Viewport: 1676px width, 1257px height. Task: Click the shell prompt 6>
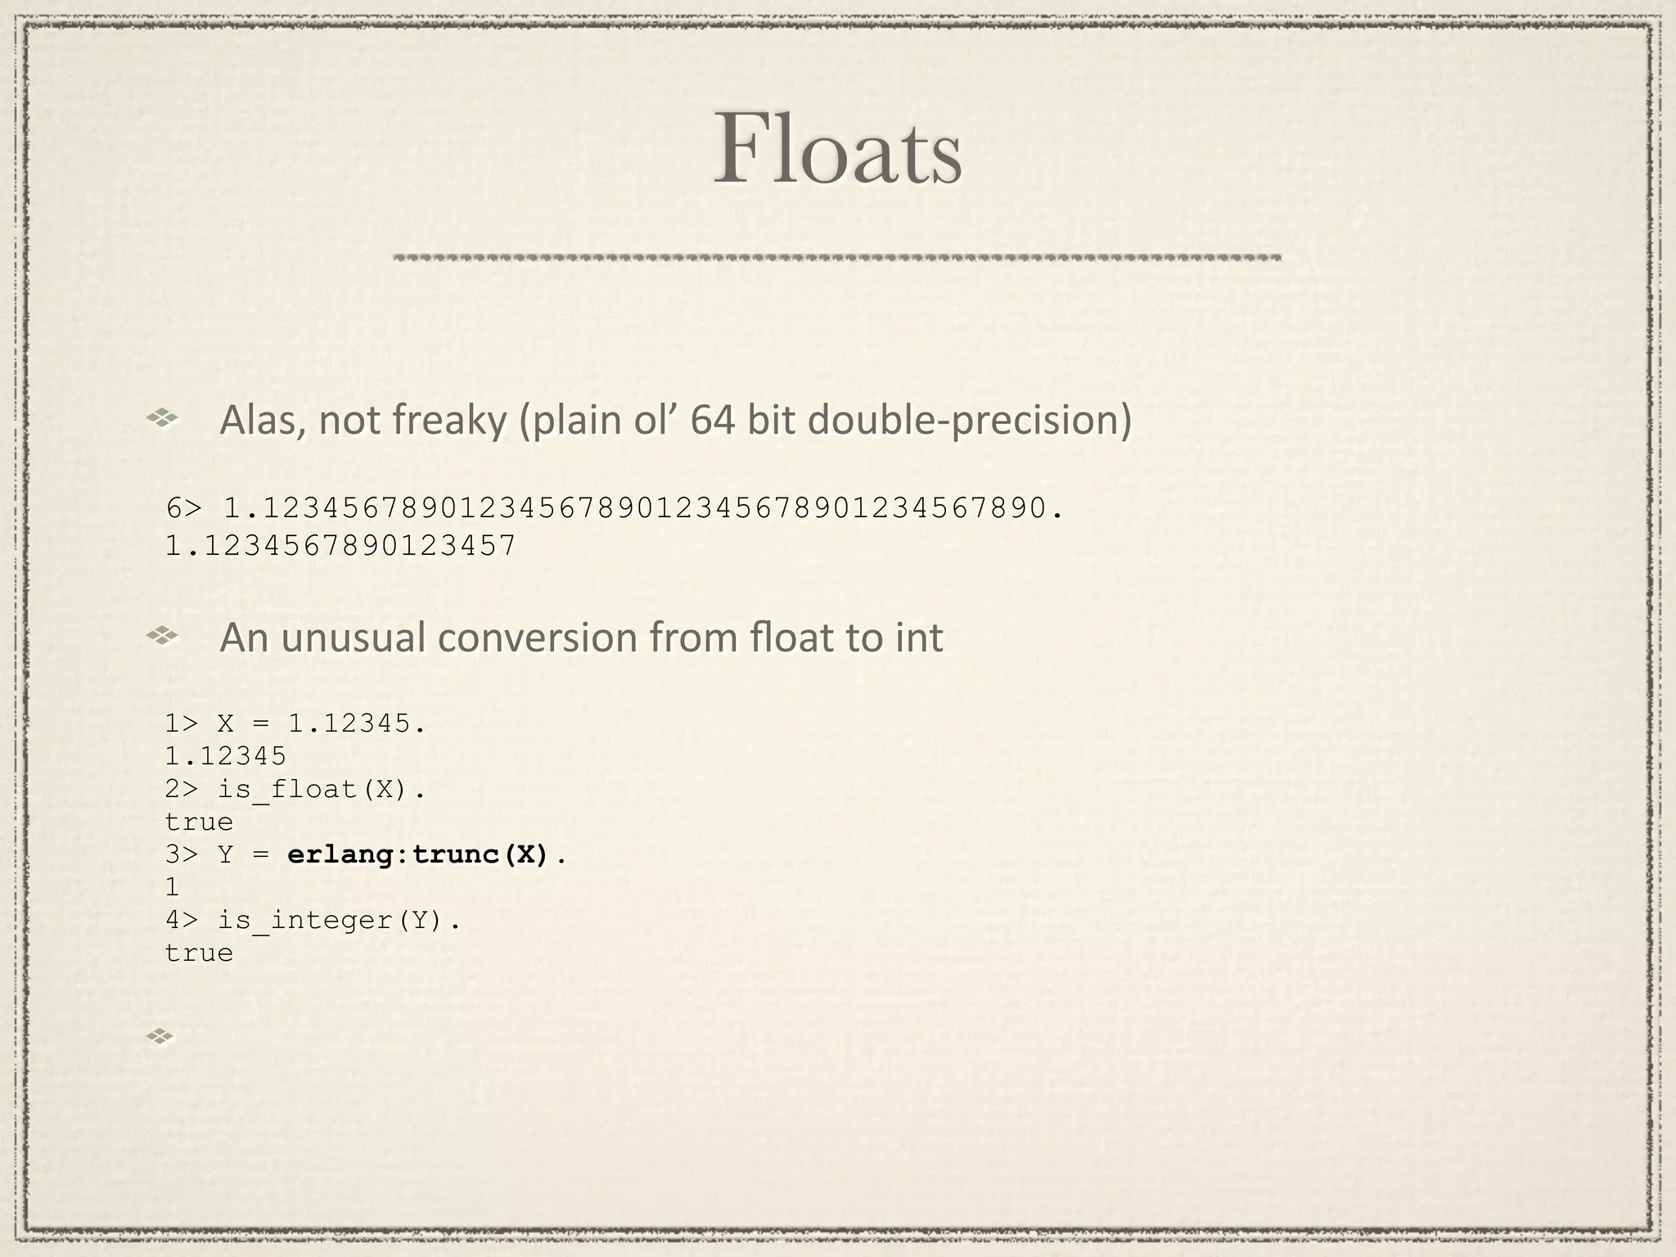point(183,508)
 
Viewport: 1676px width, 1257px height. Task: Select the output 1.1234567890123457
point(340,545)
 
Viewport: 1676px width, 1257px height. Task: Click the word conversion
point(559,638)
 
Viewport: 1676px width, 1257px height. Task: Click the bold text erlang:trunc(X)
point(418,855)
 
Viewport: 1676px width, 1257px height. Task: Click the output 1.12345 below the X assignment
point(226,756)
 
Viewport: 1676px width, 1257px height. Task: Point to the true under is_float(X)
point(199,822)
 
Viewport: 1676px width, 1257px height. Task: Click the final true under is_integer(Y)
point(199,953)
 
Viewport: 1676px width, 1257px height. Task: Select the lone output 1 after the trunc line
point(172,888)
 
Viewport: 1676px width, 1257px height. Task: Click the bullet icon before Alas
point(162,419)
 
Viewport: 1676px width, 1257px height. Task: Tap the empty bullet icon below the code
point(160,1037)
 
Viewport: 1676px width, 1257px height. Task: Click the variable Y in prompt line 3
point(226,855)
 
